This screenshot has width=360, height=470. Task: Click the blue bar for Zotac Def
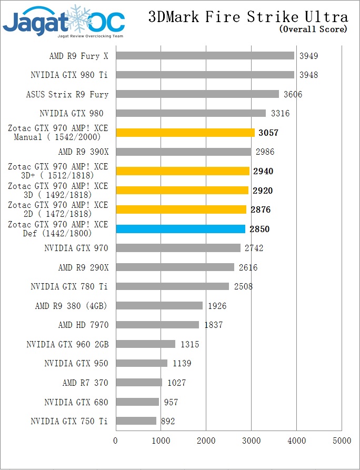click(x=181, y=229)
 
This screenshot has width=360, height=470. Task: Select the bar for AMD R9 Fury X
click(x=205, y=56)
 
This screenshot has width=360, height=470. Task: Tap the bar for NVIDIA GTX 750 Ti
click(x=136, y=421)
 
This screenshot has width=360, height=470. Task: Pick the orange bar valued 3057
click(x=185, y=133)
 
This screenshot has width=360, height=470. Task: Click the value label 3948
click(x=308, y=75)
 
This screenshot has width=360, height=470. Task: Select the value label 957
click(x=171, y=402)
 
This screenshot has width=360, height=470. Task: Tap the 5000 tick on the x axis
click(x=342, y=440)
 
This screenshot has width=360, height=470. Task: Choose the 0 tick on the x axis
click(x=116, y=440)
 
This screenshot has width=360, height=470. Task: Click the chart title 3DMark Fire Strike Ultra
click(x=247, y=17)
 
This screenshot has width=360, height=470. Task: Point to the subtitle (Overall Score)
click(x=313, y=29)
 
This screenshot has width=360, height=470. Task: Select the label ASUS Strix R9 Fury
click(x=67, y=95)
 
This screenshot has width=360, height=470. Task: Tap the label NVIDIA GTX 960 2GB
click(x=67, y=345)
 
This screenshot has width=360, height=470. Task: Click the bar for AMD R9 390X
click(x=183, y=152)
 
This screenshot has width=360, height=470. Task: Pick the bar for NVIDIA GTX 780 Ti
click(x=172, y=286)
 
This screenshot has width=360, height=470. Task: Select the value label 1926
click(x=217, y=306)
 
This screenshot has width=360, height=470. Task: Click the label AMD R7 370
click(x=85, y=383)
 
